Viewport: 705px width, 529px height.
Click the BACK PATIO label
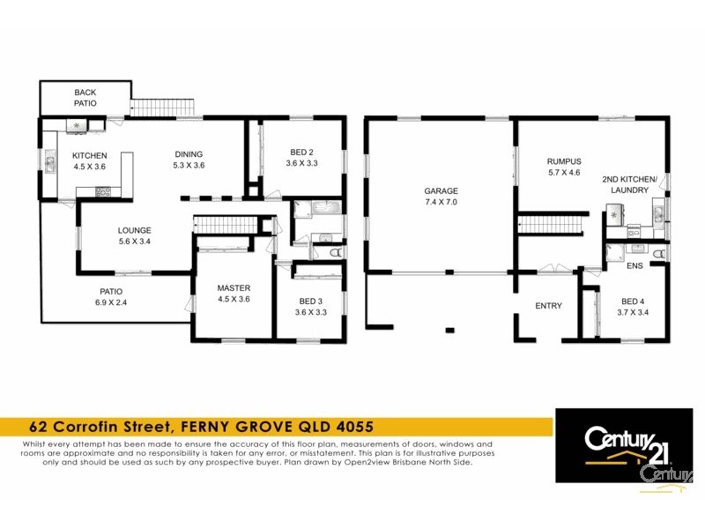pyautogui.click(x=85, y=97)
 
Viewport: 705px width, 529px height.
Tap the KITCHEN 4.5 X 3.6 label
pyautogui.click(x=88, y=160)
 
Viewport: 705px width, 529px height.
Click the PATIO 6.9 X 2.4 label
pyautogui.click(x=110, y=296)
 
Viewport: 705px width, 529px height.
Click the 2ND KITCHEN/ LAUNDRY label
pyautogui.click(x=629, y=184)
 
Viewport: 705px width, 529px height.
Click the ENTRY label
pyautogui.click(x=549, y=306)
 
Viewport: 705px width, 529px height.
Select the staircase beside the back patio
pyautogui.click(x=165, y=108)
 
